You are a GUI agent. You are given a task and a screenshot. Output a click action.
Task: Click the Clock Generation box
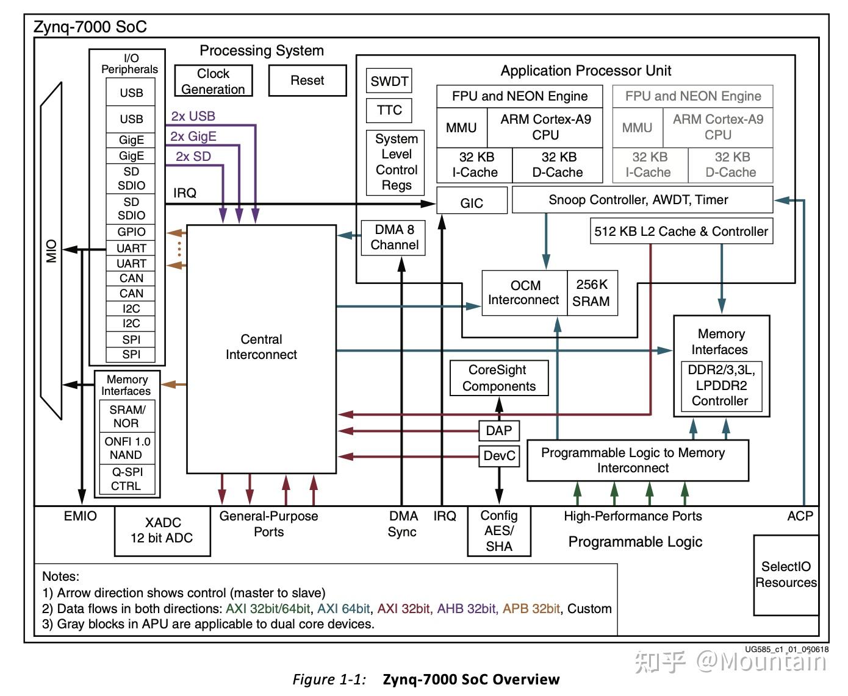tap(213, 81)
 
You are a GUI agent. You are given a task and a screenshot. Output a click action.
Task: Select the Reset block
tap(307, 80)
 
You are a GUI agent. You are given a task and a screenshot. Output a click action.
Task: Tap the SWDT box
tap(389, 81)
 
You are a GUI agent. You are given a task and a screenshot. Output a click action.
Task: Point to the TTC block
tap(389, 110)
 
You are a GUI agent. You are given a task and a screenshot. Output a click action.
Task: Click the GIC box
tap(472, 202)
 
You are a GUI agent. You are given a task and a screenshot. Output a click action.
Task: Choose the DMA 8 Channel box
tap(394, 237)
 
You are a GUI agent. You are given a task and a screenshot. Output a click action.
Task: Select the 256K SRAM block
tap(592, 293)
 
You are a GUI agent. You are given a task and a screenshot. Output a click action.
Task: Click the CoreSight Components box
tap(498, 378)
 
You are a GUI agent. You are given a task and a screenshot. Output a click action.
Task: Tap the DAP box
tap(498, 430)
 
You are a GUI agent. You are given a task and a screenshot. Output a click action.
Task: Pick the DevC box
tap(499, 456)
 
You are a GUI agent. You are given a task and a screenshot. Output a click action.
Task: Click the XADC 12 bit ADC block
tap(162, 530)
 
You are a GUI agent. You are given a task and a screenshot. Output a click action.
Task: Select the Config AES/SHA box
tap(498, 531)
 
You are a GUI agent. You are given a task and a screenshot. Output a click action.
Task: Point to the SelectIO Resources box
tap(786, 574)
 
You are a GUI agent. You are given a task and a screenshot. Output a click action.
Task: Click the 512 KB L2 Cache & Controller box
tap(681, 232)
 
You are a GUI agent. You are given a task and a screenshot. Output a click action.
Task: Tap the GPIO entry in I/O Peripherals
tap(131, 232)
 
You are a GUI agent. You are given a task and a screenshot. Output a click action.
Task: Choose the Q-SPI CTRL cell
tap(126, 479)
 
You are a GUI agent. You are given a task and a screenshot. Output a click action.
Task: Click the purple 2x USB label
tap(193, 116)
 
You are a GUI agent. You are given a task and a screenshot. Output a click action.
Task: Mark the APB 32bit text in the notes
tap(531, 608)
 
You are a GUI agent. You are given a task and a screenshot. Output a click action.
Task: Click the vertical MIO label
tap(52, 250)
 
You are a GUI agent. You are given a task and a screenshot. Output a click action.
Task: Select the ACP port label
tap(800, 516)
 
